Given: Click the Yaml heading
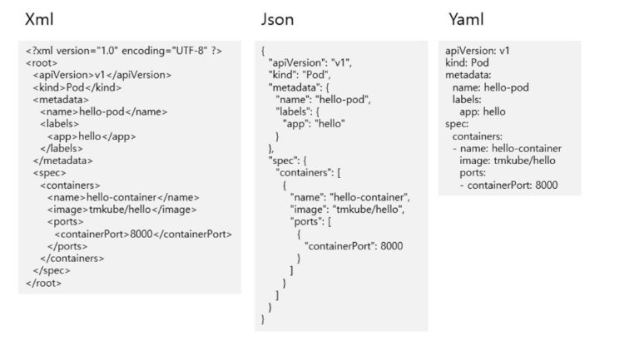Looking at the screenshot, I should [x=467, y=17].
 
